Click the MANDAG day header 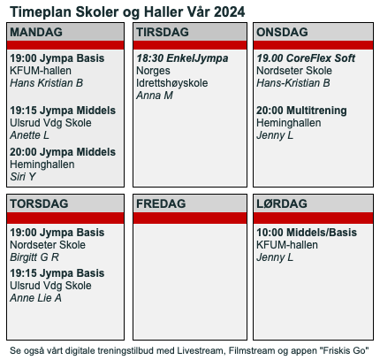click(36, 32)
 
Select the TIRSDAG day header click(163, 32)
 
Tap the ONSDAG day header click(282, 32)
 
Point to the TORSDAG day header click(39, 203)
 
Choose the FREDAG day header click(161, 203)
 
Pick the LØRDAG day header click(282, 203)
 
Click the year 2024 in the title click(229, 12)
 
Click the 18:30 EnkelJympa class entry click(182, 58)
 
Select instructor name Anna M click(155, 96)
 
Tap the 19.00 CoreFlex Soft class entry click(306, 58)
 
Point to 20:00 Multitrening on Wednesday click(301, 111)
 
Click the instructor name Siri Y click(23, 177)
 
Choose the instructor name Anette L click(29, 135)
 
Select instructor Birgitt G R click(34, 257)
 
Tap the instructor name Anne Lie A click(35, 298)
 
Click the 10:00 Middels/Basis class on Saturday click(307, 233)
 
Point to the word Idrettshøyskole click(172, 83)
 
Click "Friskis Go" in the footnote click(344, 350)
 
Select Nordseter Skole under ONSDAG click(294, 71)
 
